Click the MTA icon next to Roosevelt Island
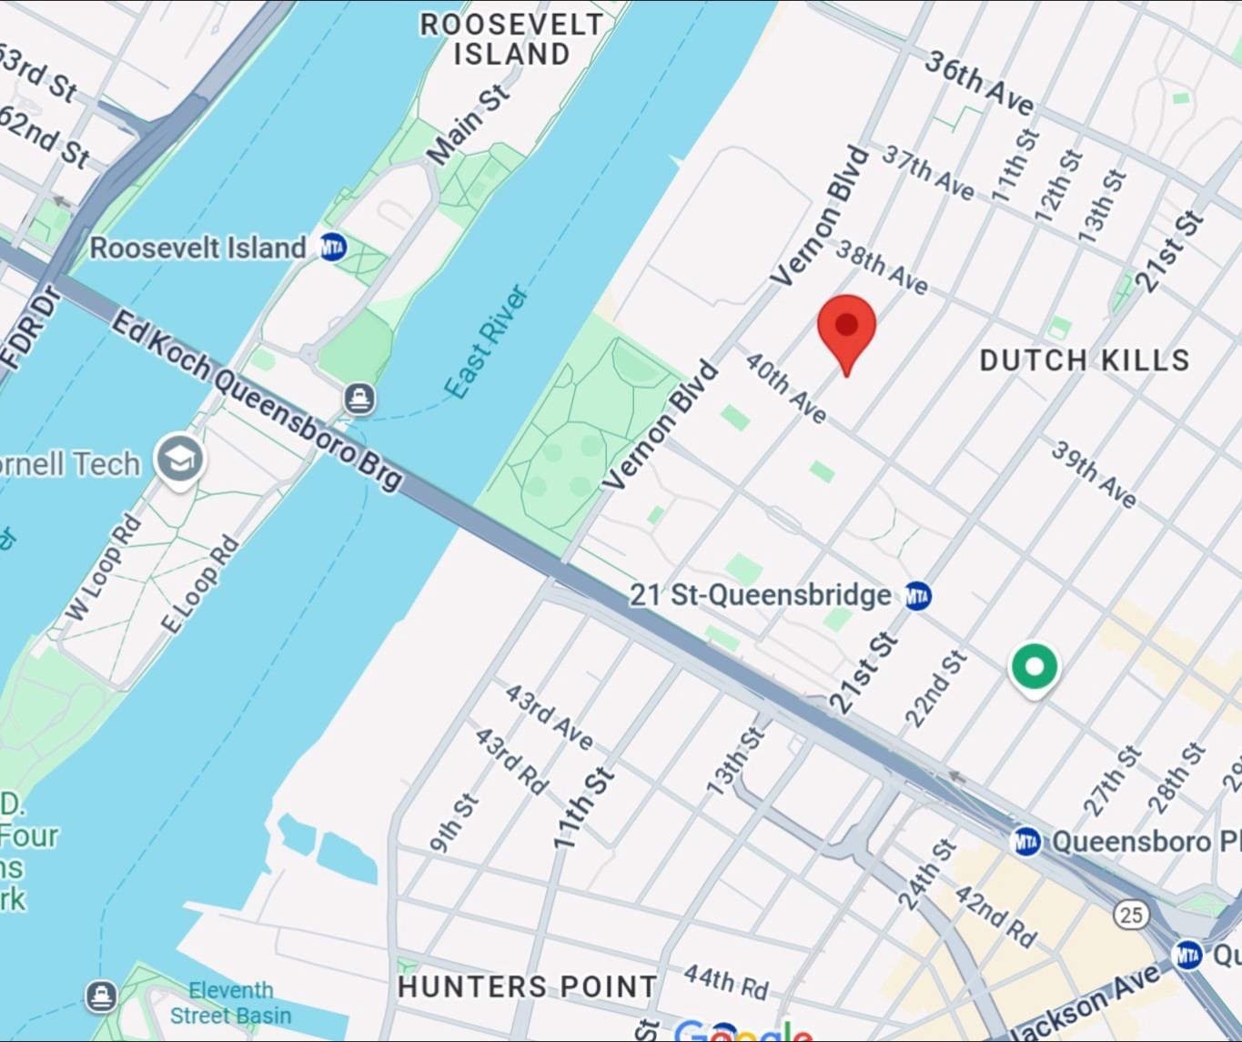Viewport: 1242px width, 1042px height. pyautogui.click(x=332, y=247)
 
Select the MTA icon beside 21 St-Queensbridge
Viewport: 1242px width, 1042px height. pyautogui.click(x=918, y=596)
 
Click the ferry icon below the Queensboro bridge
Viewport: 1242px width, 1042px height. pyautogui.click(x=360, y=398)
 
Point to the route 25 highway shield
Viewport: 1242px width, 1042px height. pyautogui.click(x=1131, y=914)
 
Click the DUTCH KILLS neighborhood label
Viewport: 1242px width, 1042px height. pyautogui.click(x=1084, y=360)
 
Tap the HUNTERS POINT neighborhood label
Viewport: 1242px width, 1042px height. pyautogui.click(x=527, y=986)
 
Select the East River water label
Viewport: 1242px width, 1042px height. pyautogui.click(x=486, y=342)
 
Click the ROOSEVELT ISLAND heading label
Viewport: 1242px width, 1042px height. pyautogui.click(x=511, y=39)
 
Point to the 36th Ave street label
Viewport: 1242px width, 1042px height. pyautogui.click(x=980, y=83)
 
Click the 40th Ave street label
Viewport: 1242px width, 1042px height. pyautogui.click(x=785, y=388)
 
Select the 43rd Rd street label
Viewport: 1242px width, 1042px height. pyautogui.click(x=511, y=761)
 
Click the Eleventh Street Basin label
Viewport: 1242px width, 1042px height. pyautogui.click(x=230, y=1003)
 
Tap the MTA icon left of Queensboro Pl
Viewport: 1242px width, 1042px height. pyautogui.click(x=1026, y=841)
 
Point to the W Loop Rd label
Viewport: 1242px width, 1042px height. pyautogui.click(x=104, y=568)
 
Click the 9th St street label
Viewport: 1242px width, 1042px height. pyautogui.click(x=453, y=823)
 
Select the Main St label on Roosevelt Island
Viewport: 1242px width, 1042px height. pyautogui.click(x=468, y=126)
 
